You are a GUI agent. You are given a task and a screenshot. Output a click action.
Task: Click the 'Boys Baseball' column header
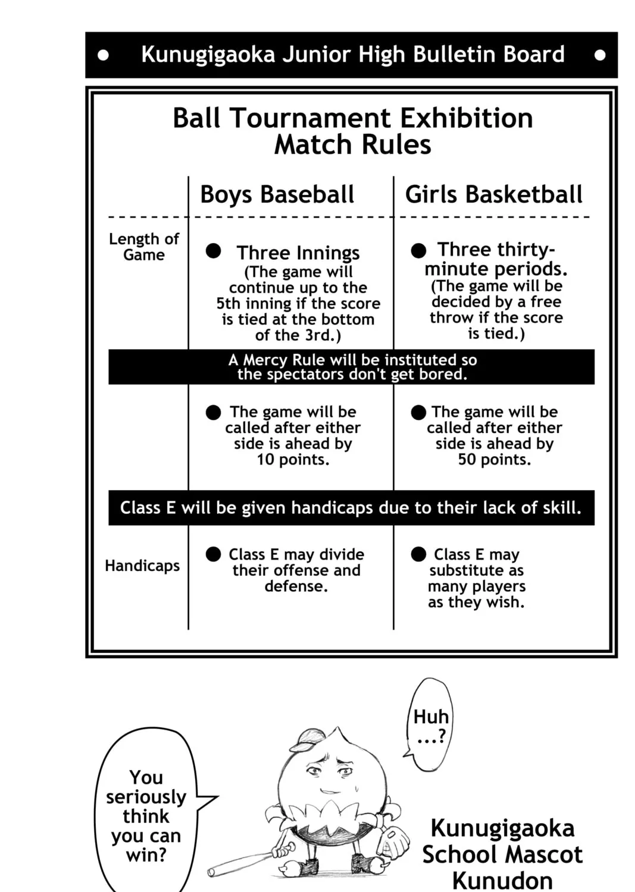click(277, 194)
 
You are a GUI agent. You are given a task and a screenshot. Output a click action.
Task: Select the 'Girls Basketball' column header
click(493, 194)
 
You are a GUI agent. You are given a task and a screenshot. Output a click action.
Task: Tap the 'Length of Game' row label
click(143, 247)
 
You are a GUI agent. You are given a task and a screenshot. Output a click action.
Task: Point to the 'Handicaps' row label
click(142, 566)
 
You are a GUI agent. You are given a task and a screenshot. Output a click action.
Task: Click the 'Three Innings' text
click(298, 253)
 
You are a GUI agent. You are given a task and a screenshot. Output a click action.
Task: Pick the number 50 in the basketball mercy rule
click(467, 460)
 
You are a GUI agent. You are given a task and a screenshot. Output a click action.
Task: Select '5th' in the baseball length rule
click(229, 303)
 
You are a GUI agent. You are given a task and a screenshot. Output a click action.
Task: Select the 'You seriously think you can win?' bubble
click(146, 815)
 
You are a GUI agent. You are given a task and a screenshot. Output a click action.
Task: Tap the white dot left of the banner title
click(104, 55)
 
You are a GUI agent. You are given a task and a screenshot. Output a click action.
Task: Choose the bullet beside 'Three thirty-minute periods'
click(418, 250)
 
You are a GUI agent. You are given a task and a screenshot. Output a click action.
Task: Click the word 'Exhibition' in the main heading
click(466, 118)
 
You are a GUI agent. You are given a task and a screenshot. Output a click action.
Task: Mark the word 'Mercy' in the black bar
click(267, 360)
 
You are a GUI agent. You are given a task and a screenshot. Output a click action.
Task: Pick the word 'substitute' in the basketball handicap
click(476, 571)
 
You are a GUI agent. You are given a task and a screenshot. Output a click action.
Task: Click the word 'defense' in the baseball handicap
click(295, 586)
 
